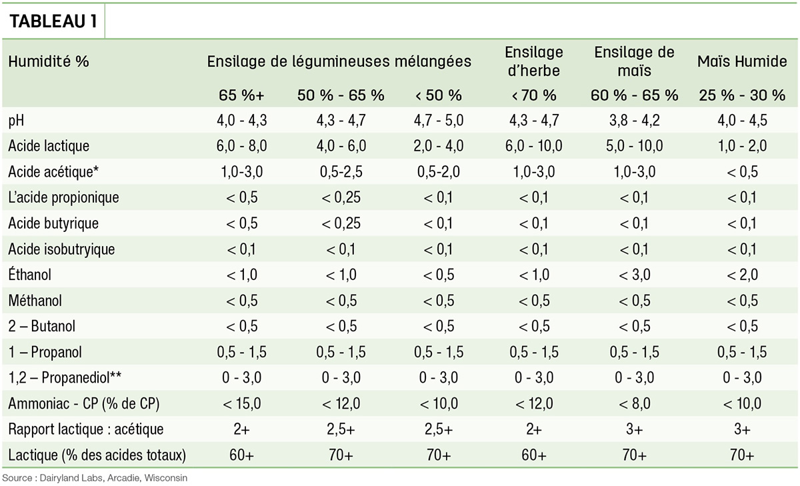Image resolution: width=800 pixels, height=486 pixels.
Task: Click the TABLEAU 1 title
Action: [x=53, y=21]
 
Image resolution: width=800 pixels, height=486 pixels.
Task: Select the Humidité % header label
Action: [x=49, y=61]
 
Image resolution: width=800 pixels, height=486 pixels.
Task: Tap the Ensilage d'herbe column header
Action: [x=534, y=61]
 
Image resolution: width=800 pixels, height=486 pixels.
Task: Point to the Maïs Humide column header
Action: [x=742, y=61]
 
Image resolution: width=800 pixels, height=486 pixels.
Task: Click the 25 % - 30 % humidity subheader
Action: [x=742, y=95]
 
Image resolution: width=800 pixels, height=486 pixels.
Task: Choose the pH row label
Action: [x=16, y=121]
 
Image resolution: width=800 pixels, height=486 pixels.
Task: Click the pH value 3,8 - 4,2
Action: [x=634, y=121]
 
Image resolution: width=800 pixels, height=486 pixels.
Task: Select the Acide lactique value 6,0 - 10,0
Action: [x=534, y=146]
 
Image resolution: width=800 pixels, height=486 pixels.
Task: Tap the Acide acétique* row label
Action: [x=53, y=172]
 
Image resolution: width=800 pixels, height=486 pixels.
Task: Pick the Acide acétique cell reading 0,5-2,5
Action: [x=341, y=172]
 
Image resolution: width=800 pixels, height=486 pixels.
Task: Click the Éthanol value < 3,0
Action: [x=634, y=275]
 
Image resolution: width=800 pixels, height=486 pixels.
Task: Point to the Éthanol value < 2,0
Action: [x=742, y=275]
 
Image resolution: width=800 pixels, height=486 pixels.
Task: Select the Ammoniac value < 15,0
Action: [x=242, y=403]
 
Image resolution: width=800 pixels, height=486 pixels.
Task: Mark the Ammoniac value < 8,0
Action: [x=634, y=403]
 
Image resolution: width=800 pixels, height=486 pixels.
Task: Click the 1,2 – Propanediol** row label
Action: [x=65, y=377]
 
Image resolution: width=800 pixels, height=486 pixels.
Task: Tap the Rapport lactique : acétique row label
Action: [x=86, y=429]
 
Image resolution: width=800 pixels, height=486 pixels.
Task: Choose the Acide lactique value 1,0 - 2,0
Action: [x=742, y=146]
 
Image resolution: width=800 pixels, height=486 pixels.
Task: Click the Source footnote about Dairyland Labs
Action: [x=95, y=478]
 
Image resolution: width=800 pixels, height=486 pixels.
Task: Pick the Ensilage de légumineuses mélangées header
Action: [x=339, y=61]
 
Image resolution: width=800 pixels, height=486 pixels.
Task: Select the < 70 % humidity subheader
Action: [x=534, y=95]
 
